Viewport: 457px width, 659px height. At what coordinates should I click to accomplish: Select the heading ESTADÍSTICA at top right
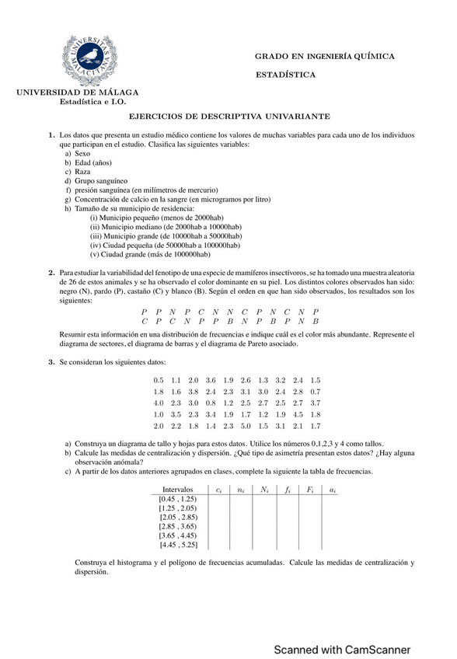(285, 75)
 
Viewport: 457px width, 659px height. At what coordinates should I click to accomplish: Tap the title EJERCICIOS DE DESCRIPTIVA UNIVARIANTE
(229, 116)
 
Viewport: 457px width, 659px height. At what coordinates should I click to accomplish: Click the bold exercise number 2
(51, 274)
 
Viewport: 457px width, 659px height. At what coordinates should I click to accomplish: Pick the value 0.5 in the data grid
(159, 380)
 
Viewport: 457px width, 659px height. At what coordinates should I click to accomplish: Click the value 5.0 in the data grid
(246, 427)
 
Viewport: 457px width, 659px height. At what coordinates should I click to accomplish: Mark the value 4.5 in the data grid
(298, 415)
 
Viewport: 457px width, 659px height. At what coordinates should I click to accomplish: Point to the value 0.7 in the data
(315, 392)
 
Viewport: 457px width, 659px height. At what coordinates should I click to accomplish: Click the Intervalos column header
(177, 490)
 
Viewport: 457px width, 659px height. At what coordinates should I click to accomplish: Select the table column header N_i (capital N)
(264, 490)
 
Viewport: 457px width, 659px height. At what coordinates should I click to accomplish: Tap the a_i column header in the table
(333, 490)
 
